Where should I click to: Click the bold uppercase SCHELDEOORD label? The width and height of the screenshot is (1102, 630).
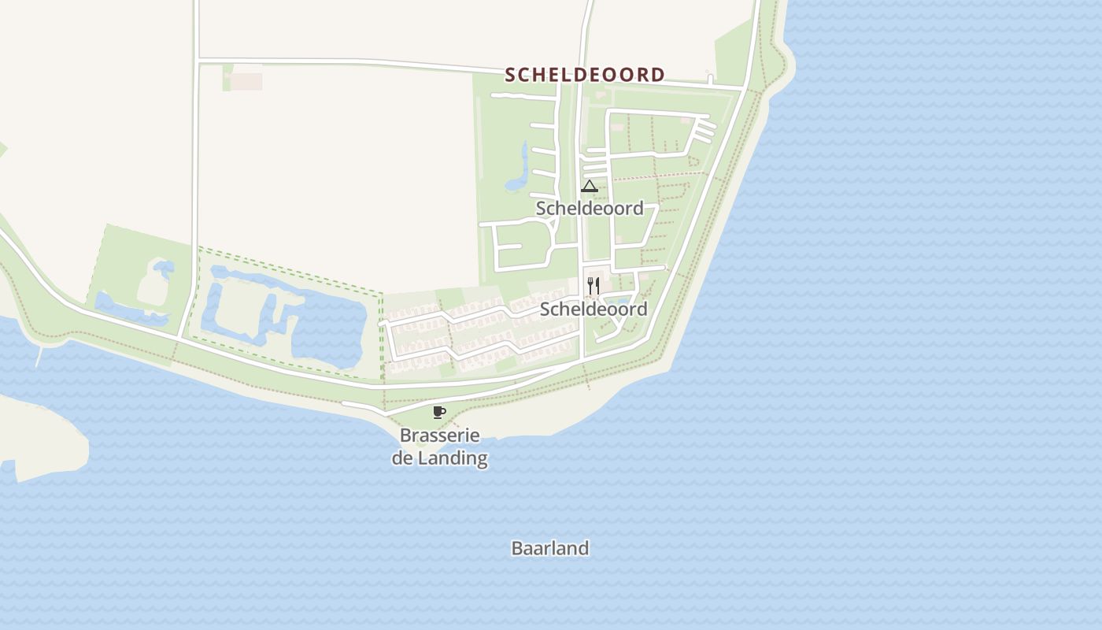pyautogui.click(x=585, y=75)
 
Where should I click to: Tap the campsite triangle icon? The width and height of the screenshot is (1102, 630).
pyautogui.click(x=589, y=187)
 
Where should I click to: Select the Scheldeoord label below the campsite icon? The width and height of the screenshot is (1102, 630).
pyautogui.click(x=590, y=208)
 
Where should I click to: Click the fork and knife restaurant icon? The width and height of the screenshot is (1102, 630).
pyautogui.click(x=594, y=285)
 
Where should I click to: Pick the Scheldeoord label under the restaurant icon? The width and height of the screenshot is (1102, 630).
pyautogui.click(x=594, y=309)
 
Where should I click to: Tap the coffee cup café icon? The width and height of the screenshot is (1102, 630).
pyautogui.click(x=439, y=412)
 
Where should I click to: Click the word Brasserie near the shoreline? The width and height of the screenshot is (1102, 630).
pyautogui.click(x=439, y=435)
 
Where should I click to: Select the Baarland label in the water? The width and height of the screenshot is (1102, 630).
pyautogui.click(x=550, y=548)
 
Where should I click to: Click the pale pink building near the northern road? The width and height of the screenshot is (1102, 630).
pyautogui.click(x=246, y=81)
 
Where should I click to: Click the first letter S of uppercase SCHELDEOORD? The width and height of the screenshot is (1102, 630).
pyautogui.click(x=510, y=75)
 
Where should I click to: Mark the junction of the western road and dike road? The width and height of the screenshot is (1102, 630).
pyautogui.click(x=181, y=339)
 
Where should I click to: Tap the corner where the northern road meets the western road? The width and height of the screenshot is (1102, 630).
pyautogui.click(x=197, y=60)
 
